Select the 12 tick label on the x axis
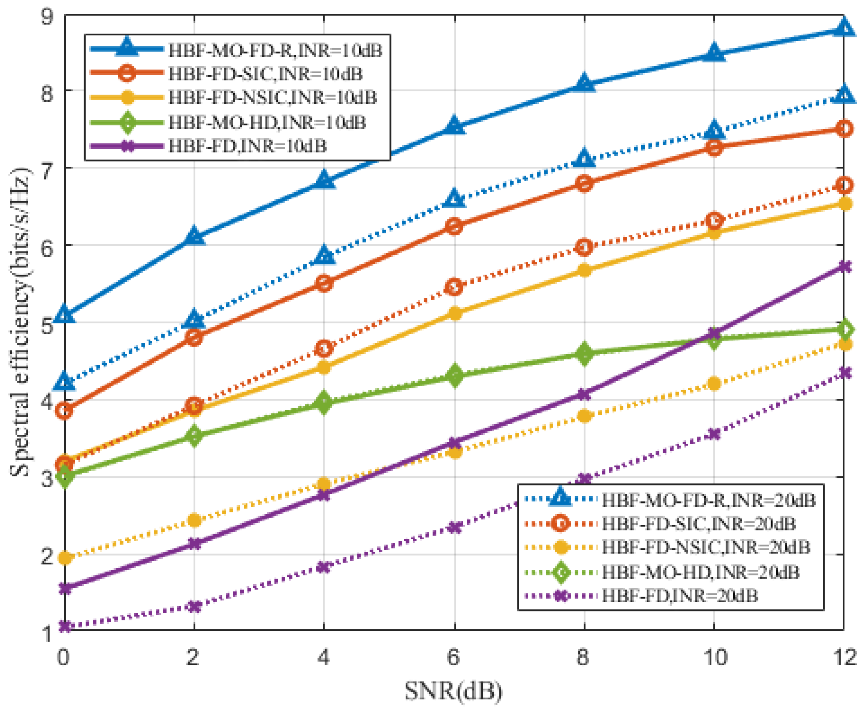pyautogui.click(x=843, y=657)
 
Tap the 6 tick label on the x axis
pyautogui.click(x=454, y=657)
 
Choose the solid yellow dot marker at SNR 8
pyautogui.click(x=585, y=270)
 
